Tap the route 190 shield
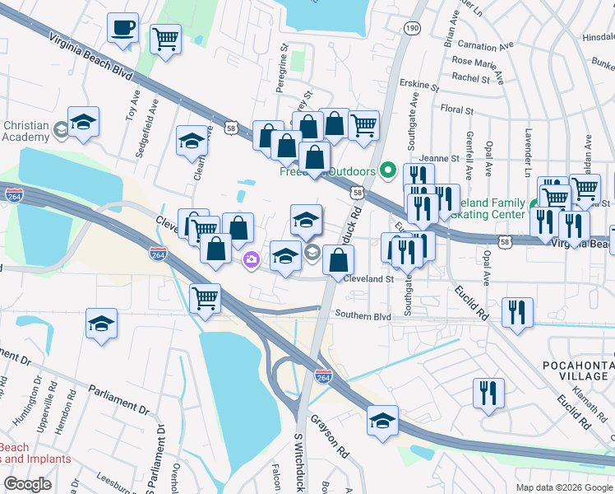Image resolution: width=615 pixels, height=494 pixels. tap(411, 29)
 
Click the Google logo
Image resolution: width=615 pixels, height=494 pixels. tap(27, 484)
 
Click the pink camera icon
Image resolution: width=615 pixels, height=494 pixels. tap(251, 260)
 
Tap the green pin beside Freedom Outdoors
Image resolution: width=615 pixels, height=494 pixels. tap(389, 172)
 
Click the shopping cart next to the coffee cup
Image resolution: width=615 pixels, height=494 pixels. tap(165, 38)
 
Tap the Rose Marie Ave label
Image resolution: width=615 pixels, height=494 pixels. tap(484, 63)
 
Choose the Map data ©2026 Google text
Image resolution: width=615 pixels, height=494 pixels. tap(563, 487)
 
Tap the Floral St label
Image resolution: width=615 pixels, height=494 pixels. tap(457, 110)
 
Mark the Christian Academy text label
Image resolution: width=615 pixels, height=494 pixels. tap(26, 131)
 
